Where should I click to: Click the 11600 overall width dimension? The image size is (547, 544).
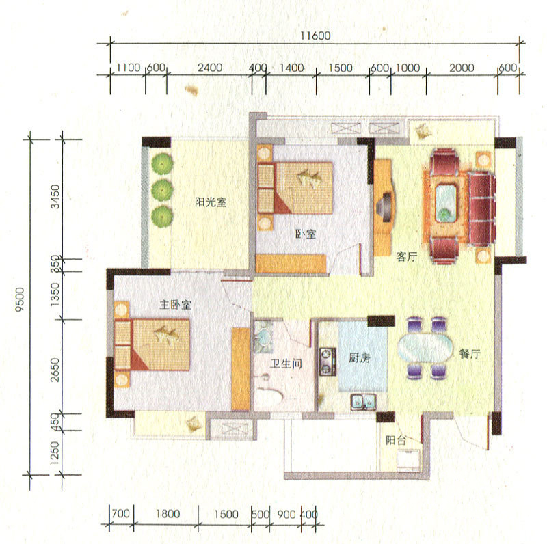[x=315, y=36]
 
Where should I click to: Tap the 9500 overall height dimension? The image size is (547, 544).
[x=20, y=299]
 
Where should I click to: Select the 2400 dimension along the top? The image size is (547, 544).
[x=210, y=67]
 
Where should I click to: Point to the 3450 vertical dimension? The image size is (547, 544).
[x=55, y=197]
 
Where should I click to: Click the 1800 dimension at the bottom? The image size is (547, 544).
[x=168, y=513]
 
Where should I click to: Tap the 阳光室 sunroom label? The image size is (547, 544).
[x=211, y=202]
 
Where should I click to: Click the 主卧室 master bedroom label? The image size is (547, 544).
[x=175, y=304]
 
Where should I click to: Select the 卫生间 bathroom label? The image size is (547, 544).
[x=286, y=364]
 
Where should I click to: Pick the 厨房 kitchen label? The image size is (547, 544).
[x=360, y=357]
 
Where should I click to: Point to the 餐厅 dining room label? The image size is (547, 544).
[x=470, y=354]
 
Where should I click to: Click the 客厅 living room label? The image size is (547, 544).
[x=407, y=257]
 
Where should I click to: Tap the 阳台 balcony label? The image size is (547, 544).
[x=396, y=440]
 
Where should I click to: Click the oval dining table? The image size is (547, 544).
[x=425, y=348]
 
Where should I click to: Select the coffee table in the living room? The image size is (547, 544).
[x=446, y=204]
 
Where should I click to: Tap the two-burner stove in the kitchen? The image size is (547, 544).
[x=328, y=362]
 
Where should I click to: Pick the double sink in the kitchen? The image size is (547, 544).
[x=363, y=401]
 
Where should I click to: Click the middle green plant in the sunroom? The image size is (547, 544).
[x=162, y=191]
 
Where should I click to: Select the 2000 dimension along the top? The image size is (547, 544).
[x=462, y=67]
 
